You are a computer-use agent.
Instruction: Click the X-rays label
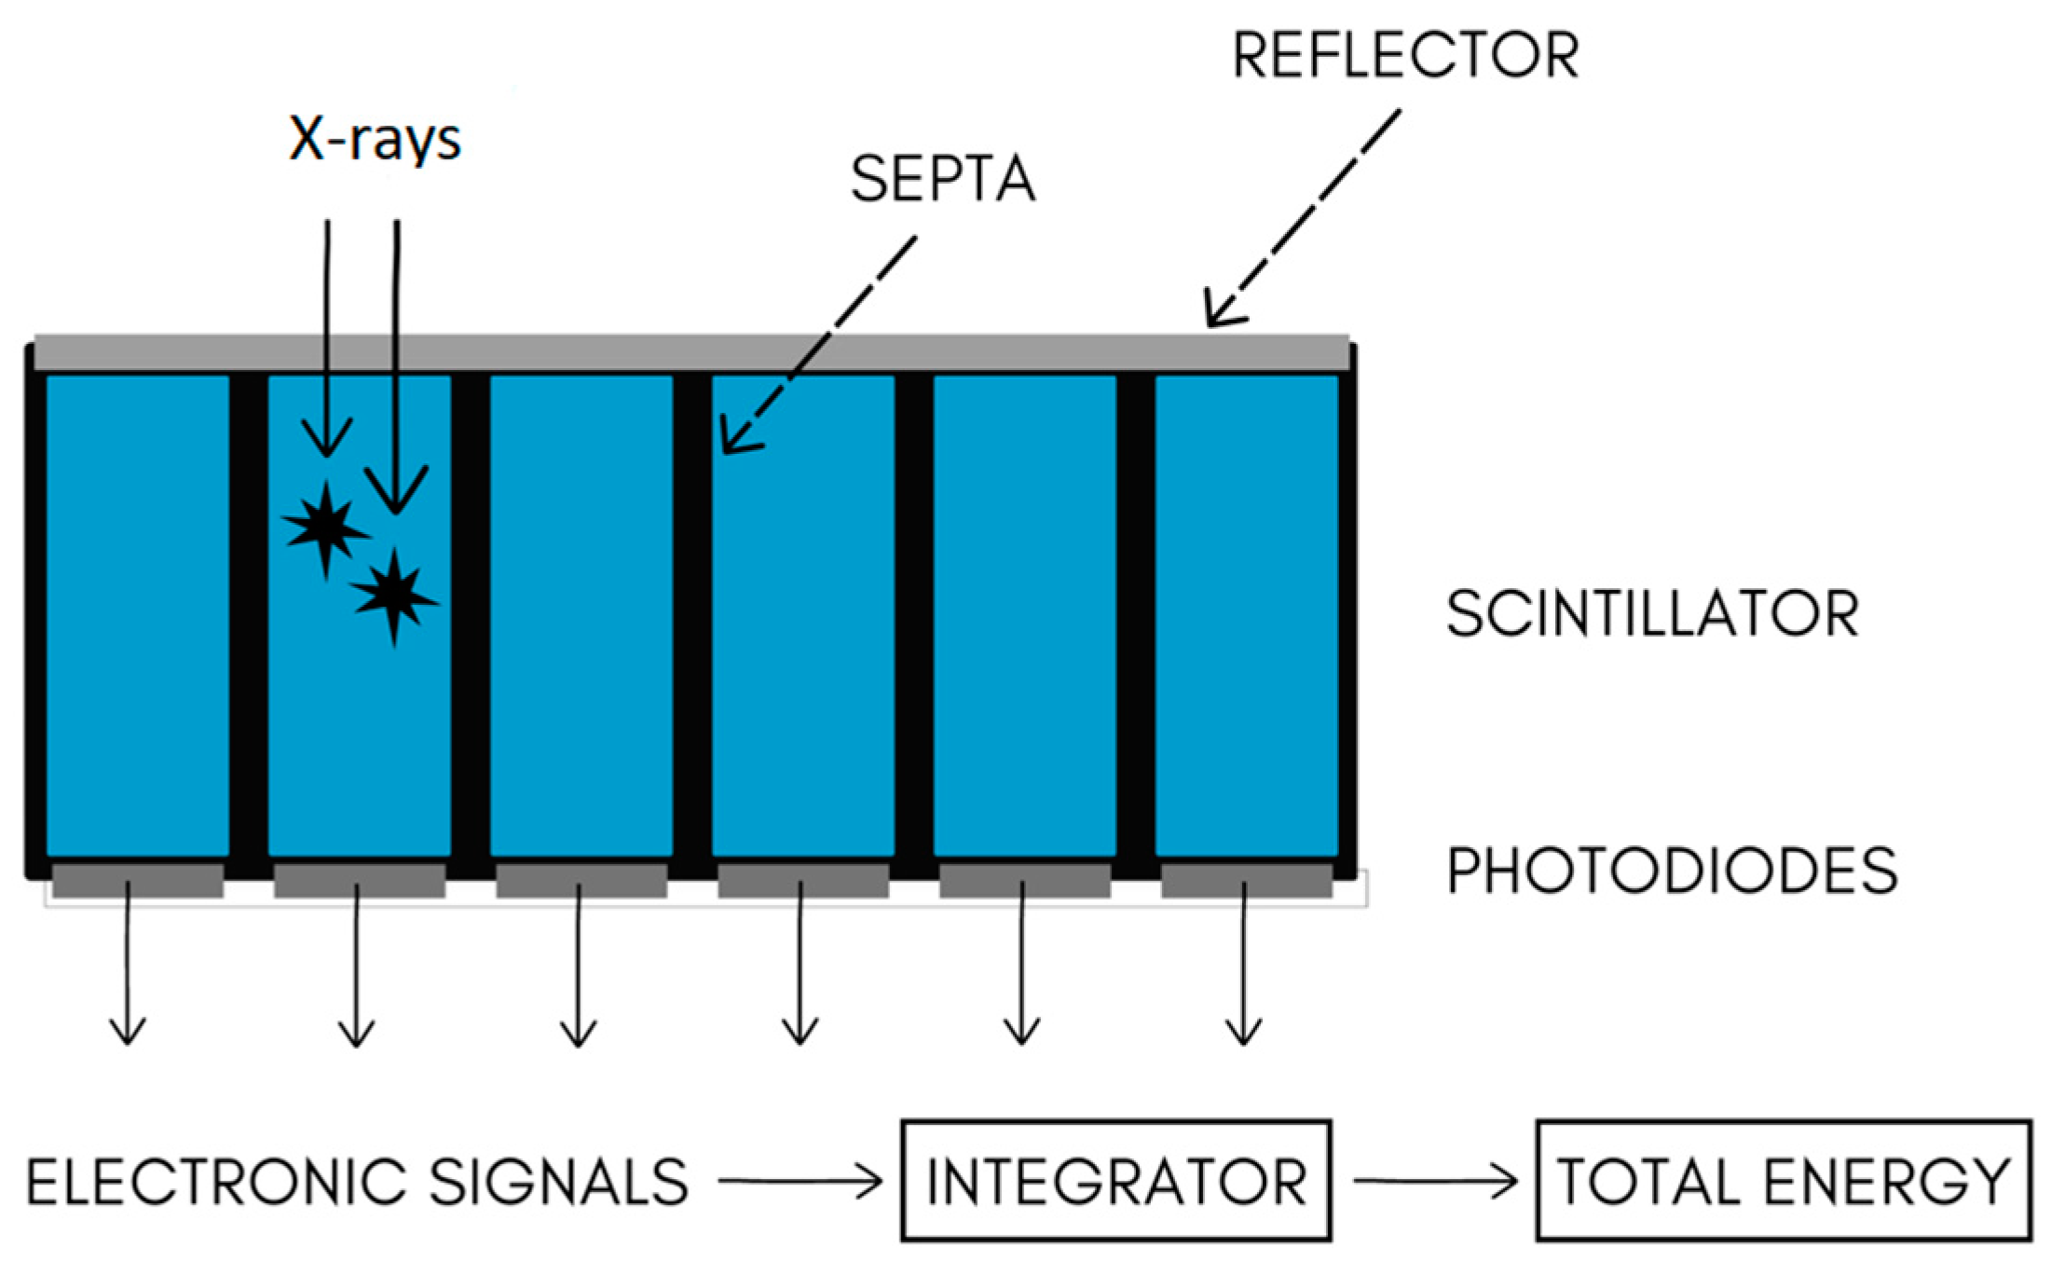pos(375,140)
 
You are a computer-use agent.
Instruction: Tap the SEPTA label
pos(942,179)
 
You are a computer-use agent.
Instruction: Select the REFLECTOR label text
pos(1405,56)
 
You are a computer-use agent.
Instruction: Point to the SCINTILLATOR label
pos(1652,614)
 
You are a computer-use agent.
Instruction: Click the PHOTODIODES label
pos(1672,871)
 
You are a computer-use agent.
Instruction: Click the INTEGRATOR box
pos(1115,1181)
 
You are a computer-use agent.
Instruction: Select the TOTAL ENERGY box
pos(1783,1181)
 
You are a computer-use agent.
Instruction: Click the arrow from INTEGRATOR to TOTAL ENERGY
pos(1435,1182)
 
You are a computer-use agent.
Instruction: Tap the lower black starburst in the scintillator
pos(394,596)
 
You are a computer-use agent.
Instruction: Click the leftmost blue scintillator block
pos(137,615)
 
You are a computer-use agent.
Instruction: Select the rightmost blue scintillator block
pos(1246,615)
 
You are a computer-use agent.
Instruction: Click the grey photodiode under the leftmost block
pos(137,880)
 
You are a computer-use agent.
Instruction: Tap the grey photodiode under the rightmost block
pos(1246,880)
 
